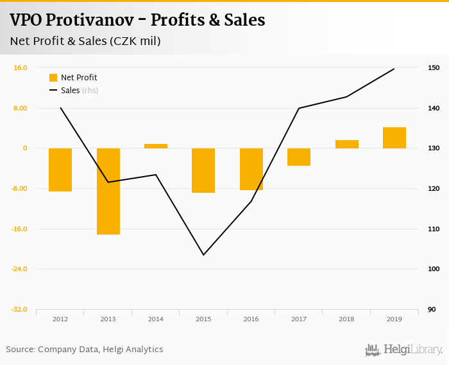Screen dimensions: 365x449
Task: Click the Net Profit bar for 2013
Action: click(x=108, y=191)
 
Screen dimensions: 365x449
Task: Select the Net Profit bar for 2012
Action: click(x=60, y=170)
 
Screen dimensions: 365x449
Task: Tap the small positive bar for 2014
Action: click(x=156, y=146)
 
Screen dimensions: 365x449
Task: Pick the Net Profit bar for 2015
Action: click(x=203, y=170)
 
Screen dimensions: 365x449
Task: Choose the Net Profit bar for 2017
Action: click(x=299, y=157)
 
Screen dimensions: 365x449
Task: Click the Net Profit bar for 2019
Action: click(x=394, y=138)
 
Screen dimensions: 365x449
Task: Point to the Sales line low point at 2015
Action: click(x=203, y=255)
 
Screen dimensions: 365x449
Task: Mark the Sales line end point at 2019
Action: click(x=394, y=69)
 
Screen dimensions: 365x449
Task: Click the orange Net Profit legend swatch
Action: click(x=53, y=78)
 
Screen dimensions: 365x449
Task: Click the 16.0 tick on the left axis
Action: click(x=19, y=67)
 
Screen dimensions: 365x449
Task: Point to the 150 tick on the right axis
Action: click(x=434, y=67)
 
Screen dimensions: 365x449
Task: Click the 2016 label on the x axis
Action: click(x=251, y=319)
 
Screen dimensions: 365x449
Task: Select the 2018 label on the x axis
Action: click(x=346, y=319)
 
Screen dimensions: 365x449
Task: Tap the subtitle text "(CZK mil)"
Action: click(x=135, y=41)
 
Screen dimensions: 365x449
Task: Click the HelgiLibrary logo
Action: click(x=404, y=350)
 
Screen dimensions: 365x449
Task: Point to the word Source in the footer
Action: click(x=19, y=350)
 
